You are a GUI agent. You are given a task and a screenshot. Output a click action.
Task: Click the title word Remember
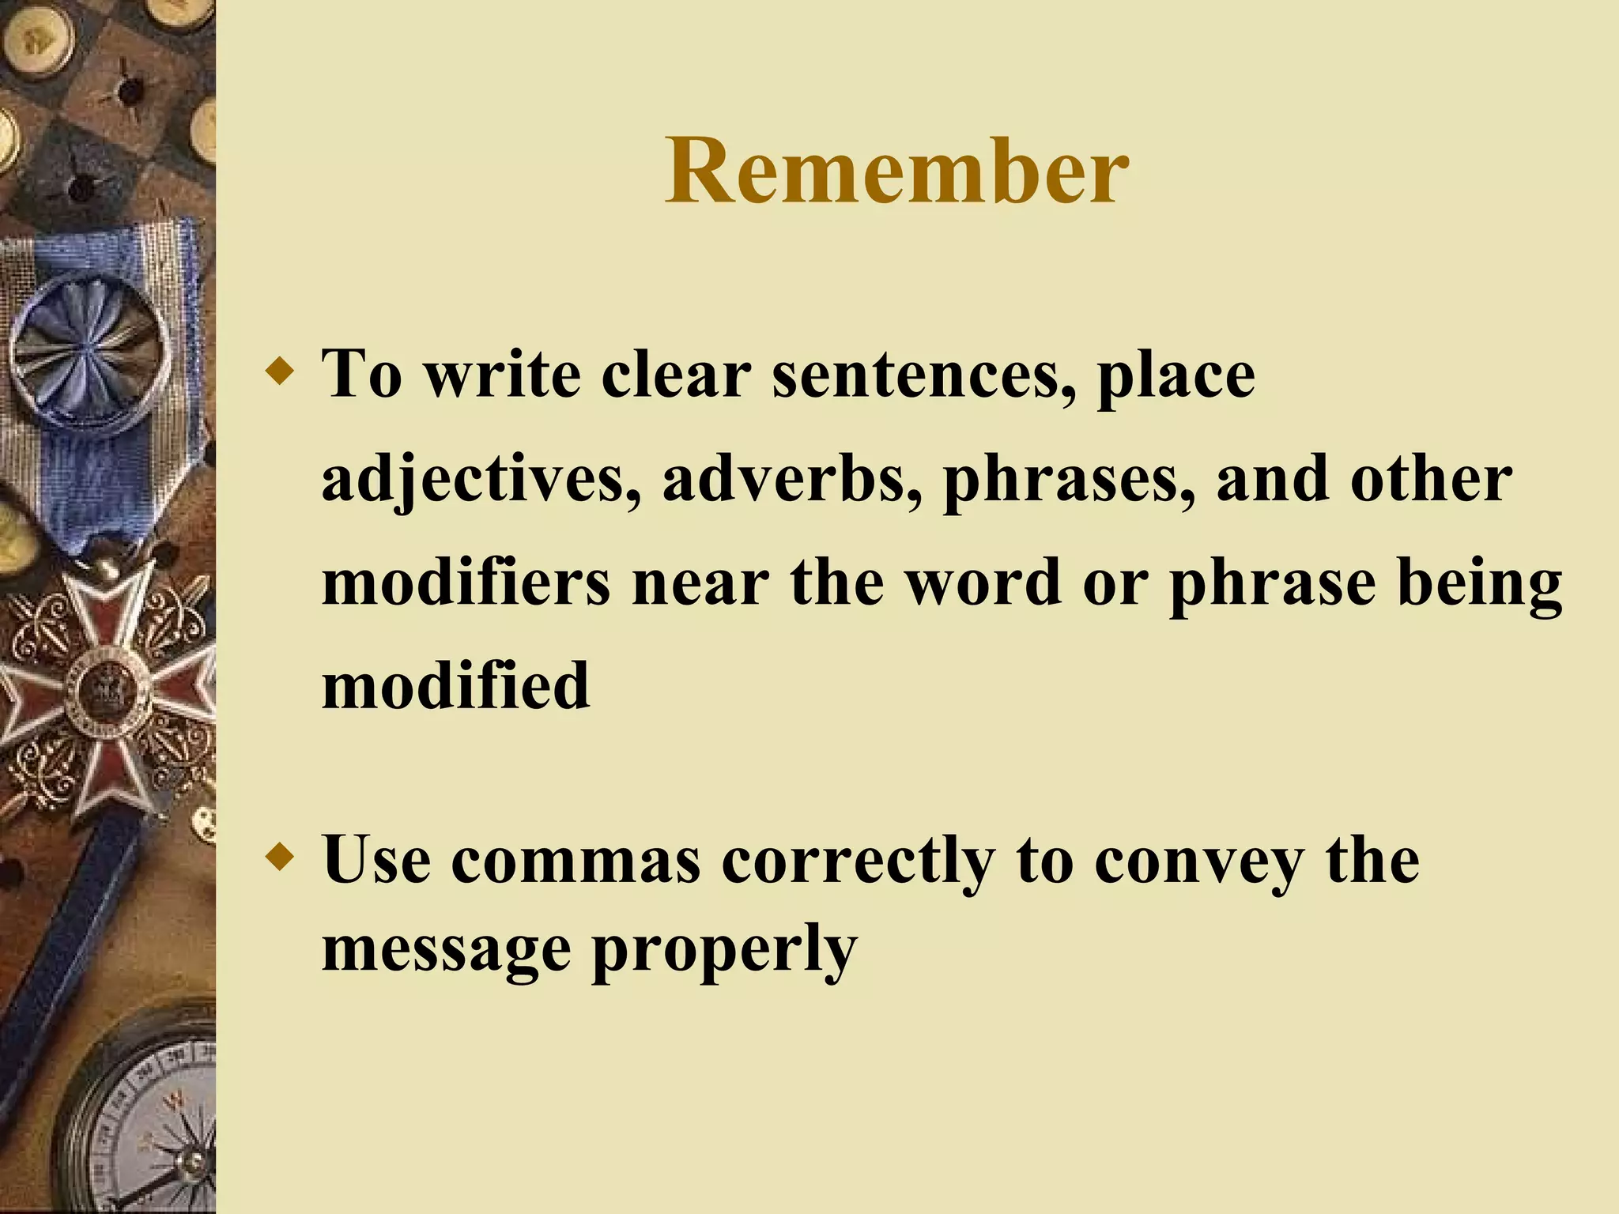pos(896,172)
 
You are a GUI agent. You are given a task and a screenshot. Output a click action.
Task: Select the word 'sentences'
pos(923,374)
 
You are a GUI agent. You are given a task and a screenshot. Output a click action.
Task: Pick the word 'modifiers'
pos(466,582)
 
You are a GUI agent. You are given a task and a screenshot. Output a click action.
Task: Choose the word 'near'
pos(700,582)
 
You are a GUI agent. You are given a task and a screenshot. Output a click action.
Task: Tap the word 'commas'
pos(576,861)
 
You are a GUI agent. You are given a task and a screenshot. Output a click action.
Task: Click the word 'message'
pos(447,951)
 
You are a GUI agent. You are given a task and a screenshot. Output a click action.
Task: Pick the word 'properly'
pos(724,951)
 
